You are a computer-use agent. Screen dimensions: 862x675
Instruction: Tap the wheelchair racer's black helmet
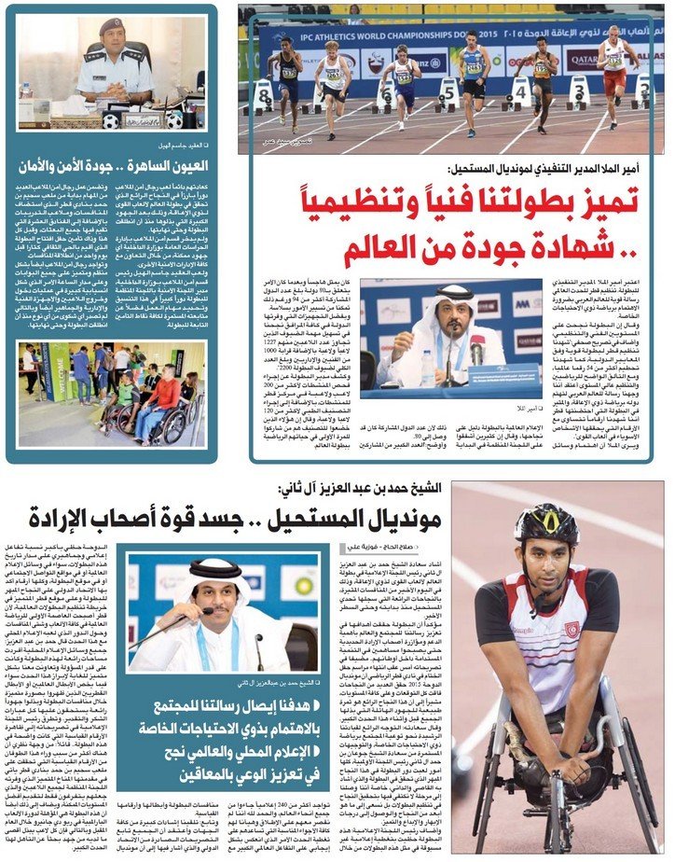(x=549, y=528)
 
